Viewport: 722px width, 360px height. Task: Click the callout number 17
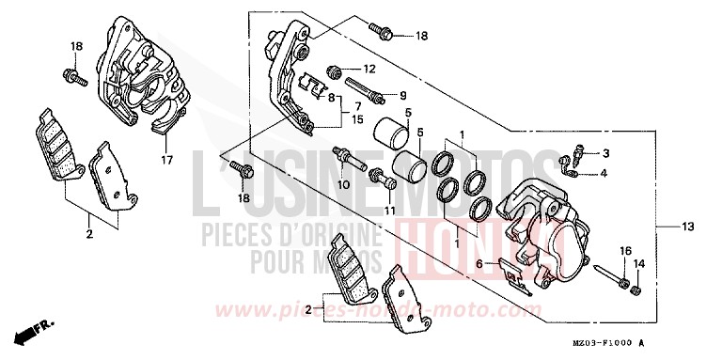pos(165,161)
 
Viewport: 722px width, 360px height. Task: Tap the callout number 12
pos(369,69)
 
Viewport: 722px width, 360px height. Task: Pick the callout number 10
pos(344,184)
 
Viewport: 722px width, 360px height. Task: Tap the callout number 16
pos(624,250)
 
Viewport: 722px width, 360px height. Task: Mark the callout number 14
pos(638,265)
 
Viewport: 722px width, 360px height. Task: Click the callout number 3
pos(606,153)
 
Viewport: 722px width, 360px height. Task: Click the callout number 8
pos(332,97)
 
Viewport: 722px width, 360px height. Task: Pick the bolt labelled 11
pos(376,176)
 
